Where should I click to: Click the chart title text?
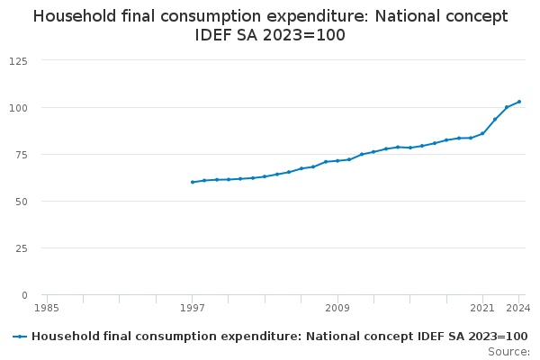coord(270,25)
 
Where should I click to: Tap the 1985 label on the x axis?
coord(47,308)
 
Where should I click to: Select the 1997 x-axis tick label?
coord(193,308)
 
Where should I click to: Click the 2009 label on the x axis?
coord(337,308)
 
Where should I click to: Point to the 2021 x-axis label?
coord(483,308)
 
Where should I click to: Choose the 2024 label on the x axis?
coord(518,308)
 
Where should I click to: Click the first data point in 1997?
coord(193,182)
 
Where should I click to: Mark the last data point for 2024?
coord(519,102)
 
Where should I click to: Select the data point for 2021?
coord(483,133)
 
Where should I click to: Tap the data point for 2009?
coord(337,161)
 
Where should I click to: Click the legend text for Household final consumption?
coord(279,337)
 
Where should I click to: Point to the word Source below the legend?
coord(508,351)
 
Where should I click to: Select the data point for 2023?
coord(507,107)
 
